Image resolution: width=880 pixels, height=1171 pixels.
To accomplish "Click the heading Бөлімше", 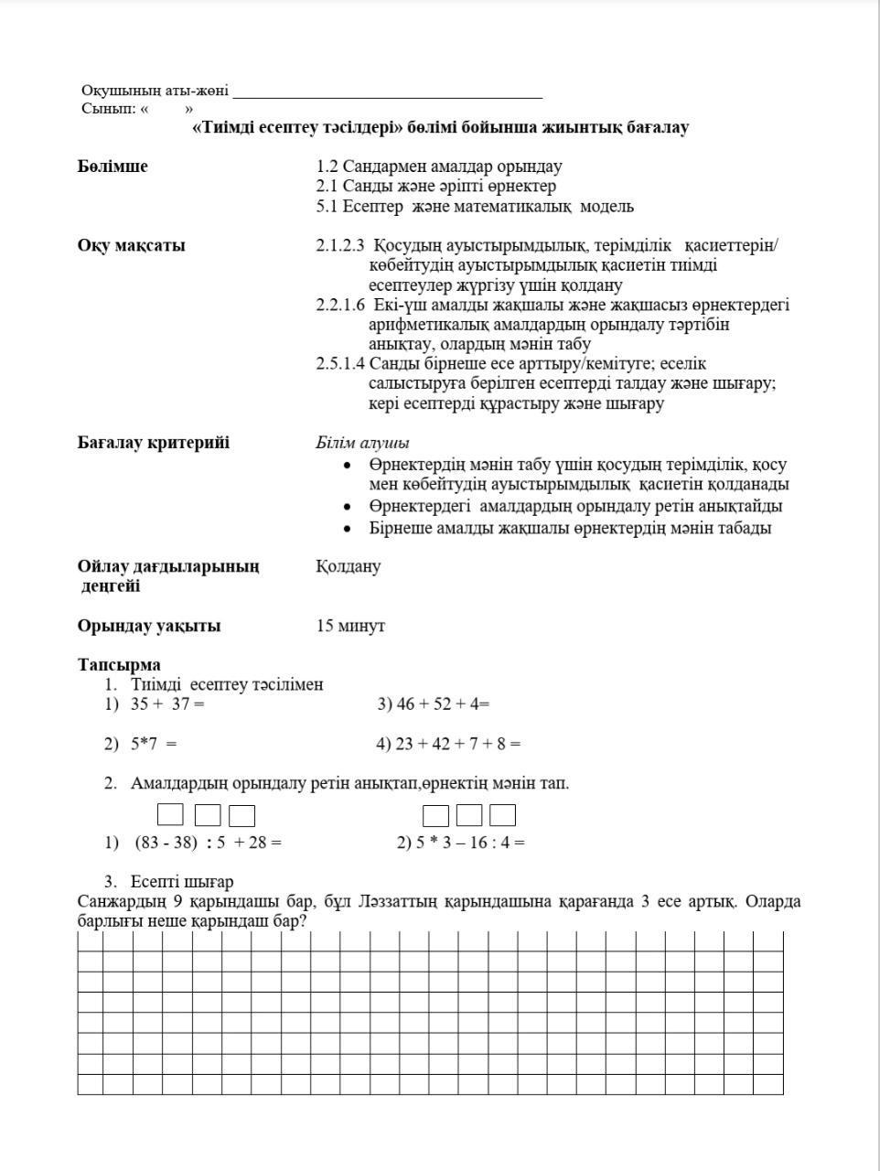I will coord(113,167).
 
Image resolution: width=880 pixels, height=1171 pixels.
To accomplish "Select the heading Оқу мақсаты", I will coord(131,245).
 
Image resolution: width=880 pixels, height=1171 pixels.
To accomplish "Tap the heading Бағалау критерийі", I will coord(153,443).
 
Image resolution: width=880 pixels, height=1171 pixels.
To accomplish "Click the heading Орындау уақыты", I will coord(148,627).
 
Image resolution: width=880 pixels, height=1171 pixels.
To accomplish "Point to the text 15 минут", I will coord(350,627).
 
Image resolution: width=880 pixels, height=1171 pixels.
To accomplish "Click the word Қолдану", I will coord(348,566).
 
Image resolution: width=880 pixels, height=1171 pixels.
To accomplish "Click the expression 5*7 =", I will coord(153,744).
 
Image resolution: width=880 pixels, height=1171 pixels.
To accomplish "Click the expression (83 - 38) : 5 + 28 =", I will coord(208,843).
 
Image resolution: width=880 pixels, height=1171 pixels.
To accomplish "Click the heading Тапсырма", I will coord(119,665).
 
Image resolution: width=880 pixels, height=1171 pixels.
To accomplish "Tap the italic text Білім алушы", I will coord(362,443).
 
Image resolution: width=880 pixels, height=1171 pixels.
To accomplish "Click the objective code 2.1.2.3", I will coord(340,245).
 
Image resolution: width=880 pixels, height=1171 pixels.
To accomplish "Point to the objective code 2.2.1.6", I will coord(340,305).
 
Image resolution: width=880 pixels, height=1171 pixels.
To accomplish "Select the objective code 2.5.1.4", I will coord(340,364).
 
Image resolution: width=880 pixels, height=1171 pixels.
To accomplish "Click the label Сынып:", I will coord(108,109).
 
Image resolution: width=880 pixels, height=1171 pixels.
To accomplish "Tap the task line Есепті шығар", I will coord(181,882).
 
